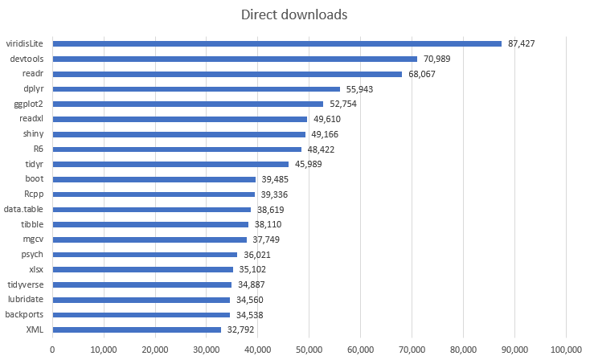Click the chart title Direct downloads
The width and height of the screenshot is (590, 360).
[294, 14]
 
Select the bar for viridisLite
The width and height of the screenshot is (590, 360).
[277, 43]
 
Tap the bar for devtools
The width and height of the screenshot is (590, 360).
[235, 59]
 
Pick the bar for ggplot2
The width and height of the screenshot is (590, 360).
[187, 104]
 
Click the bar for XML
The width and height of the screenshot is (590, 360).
[137, 329]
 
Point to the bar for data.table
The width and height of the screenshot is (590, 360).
[151, 209]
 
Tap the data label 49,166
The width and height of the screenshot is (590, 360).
[331, 134]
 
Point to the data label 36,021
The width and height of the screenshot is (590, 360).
[264, 255]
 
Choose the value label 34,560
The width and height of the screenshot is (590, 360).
[256, 300]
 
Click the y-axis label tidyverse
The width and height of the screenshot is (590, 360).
[26, 284]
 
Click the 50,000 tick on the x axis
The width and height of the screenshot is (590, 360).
[309, 349]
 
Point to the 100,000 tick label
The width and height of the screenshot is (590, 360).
[566, 349]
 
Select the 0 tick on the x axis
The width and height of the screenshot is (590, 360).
[52, 349]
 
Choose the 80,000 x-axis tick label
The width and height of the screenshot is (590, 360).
[464, 349]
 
